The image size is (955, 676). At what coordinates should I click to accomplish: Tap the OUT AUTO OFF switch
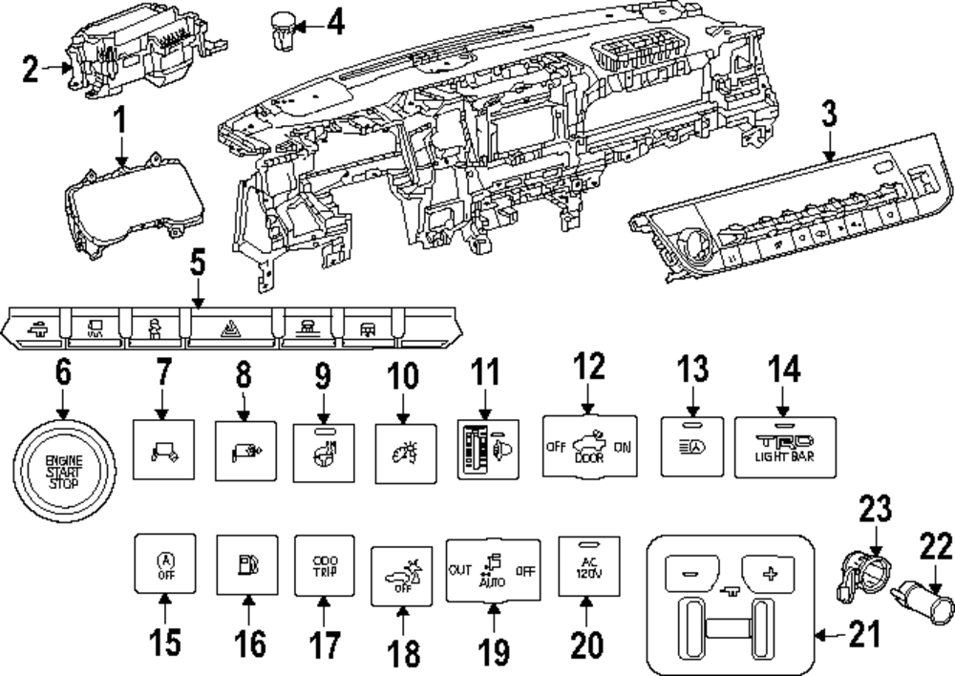[494, 571]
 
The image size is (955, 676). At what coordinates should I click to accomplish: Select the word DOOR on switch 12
[588, 457]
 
